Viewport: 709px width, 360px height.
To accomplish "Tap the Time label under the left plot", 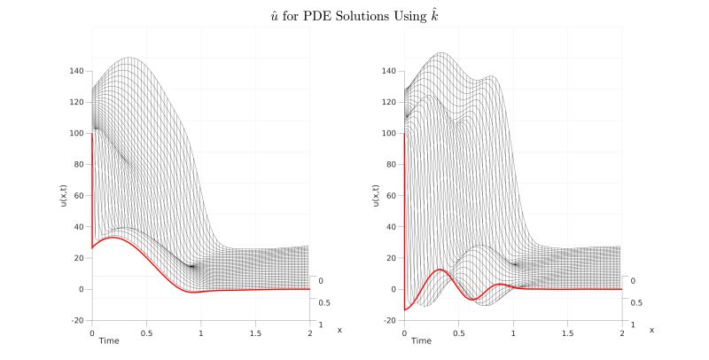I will [x=109, y=340].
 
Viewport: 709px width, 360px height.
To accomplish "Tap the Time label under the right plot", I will [x=421, y=340].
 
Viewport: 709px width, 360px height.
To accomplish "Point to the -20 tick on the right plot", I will [x=386, y=320].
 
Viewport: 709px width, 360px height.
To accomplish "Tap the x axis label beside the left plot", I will [x=339, y=330].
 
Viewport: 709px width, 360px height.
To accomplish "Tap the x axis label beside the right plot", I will [x=651, y=330].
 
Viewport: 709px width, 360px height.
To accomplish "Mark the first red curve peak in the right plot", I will [x=440, y=270].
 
